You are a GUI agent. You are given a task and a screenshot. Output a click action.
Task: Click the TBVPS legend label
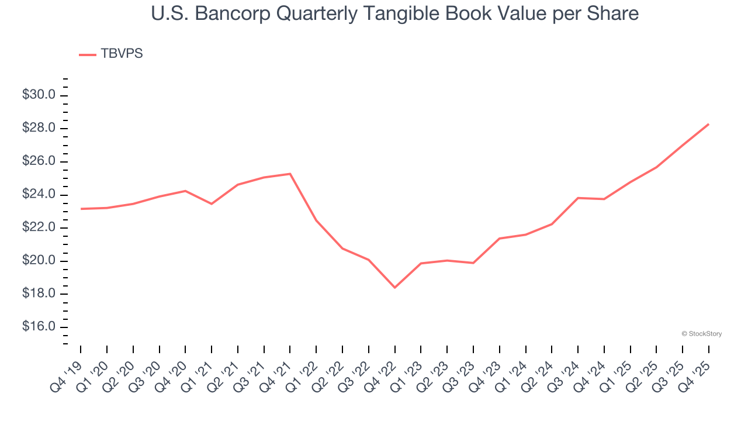coord(122,54)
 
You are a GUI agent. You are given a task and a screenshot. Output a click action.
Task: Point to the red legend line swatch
coord(88,55)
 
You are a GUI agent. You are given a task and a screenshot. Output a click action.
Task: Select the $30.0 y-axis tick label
coord(39,95)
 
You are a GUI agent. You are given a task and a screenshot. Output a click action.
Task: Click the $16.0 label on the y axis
coord(39,326)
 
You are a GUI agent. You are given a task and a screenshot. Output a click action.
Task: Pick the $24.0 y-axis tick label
coord(39,194)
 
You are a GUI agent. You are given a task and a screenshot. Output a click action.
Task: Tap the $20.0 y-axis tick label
coord(39,260)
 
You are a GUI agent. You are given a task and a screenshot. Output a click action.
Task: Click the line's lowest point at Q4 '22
coord(394,287)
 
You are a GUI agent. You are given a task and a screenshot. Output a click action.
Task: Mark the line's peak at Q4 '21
coord(290,174)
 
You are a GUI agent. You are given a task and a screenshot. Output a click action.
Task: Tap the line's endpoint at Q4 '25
coord(708,124)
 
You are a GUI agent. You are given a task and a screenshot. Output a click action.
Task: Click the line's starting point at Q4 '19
coord(81,209)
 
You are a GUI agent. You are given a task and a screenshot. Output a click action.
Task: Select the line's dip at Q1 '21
coord(212,203)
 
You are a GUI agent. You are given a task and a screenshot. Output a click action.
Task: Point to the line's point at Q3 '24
coord(578,198)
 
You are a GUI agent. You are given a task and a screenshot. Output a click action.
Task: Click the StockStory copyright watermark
coord(702,334)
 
